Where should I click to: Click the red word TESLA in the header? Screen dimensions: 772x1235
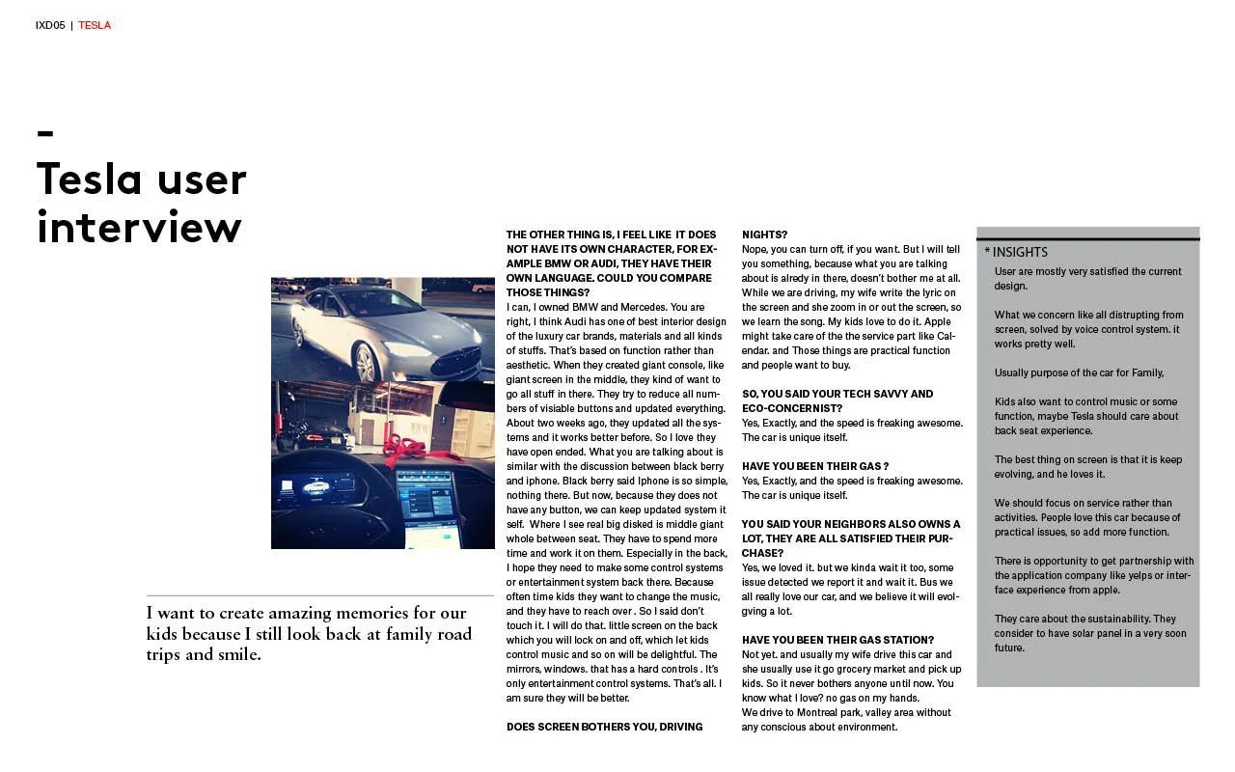pyautogui.click(x=95, y=25)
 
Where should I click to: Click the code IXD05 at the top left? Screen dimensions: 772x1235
pyautogui.click(x=50, y=25)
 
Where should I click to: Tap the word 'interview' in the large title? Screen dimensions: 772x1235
pyautogui.click(x=139, y=228)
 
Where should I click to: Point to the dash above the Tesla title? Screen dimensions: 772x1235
pyautogui.click(x=45, y=133)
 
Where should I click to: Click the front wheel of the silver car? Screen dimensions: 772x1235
pyautogui.click(x=366, y=364)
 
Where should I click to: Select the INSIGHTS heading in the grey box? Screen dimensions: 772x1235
pyautogui.click(x=1020, y=252)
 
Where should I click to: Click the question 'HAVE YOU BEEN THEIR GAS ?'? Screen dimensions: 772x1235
pyautogui.click(x=814, y=466)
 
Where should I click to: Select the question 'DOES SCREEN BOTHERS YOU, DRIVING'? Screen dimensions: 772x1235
pyautogui.click(x=605, y=727)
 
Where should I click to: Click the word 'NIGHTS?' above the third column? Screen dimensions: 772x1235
pyautogui.click(x=764, y=234)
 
